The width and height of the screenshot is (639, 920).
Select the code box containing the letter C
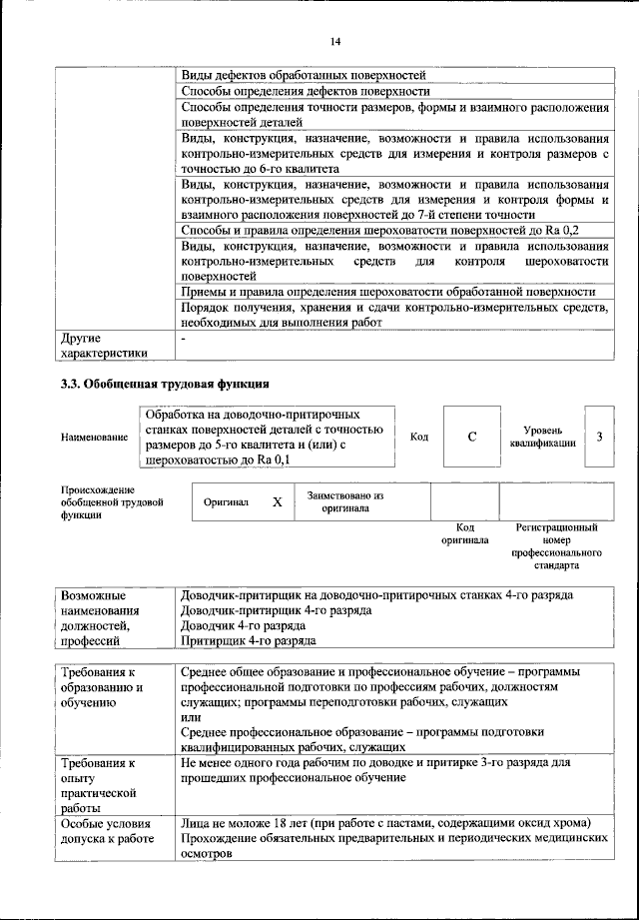click(x=471, y=437)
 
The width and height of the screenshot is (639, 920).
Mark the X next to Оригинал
click(x=278, y=502)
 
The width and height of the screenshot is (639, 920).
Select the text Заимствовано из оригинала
click(x=345, y=501)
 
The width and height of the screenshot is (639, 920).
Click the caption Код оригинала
click(x=464, y=533)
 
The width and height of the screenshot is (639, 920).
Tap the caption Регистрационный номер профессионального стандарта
click(x=556, y=545)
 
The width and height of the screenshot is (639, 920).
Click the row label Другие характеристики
click(x=104, y=345)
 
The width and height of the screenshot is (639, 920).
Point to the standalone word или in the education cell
click(x=190, y=717)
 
